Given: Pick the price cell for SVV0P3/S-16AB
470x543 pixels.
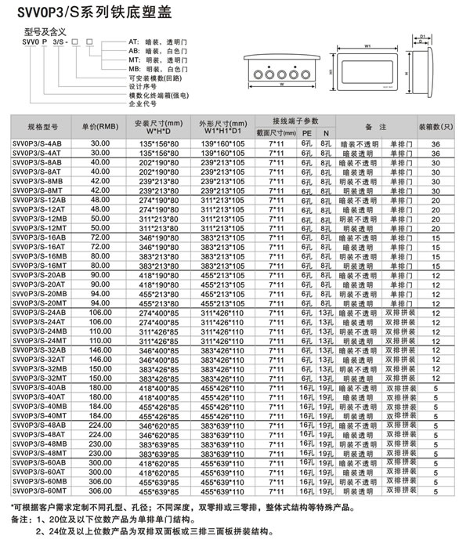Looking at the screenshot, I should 100,236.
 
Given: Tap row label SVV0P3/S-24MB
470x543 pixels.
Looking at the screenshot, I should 38,331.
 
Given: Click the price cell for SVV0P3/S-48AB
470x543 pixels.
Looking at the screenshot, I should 100,427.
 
